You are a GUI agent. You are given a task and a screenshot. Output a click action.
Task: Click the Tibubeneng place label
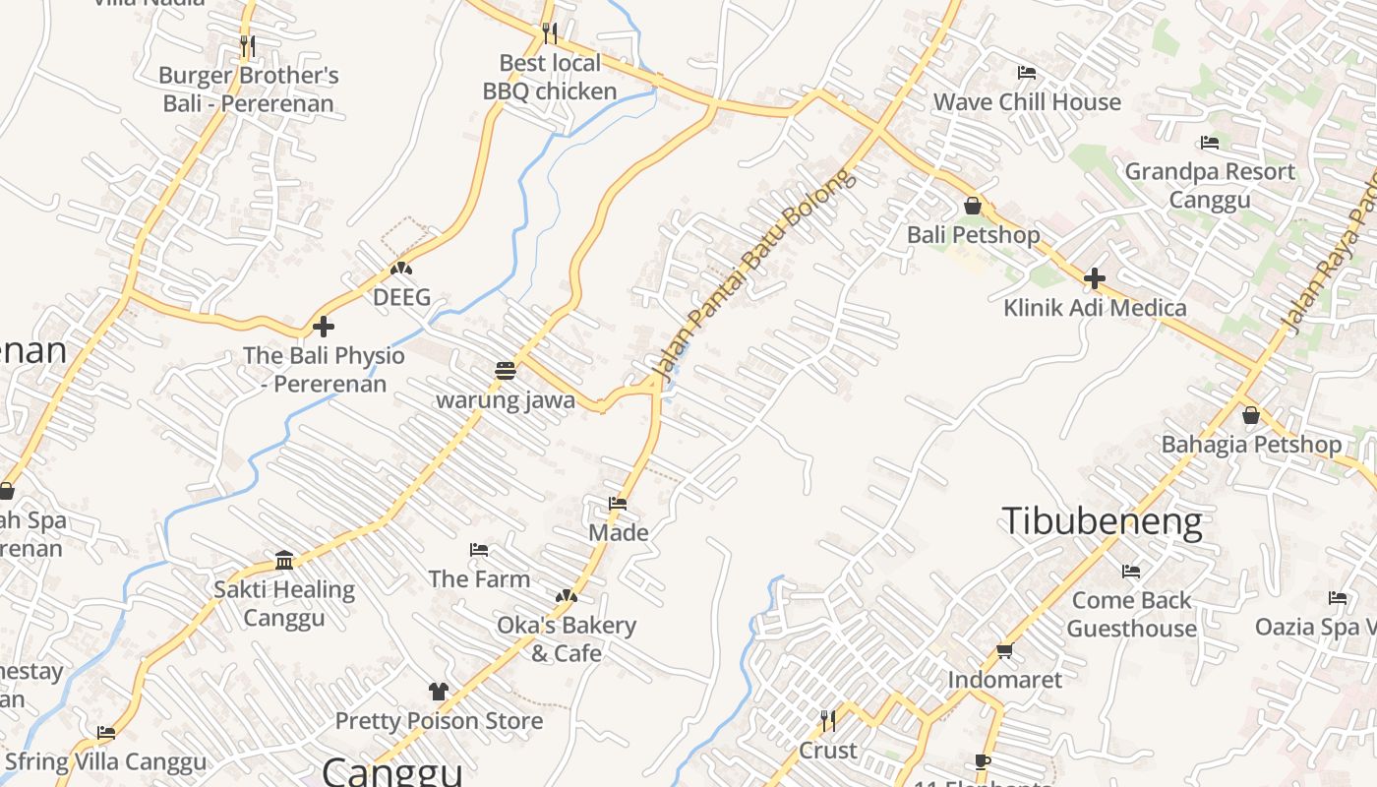(1102, 521)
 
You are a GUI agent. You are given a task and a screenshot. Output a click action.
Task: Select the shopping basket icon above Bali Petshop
(973, 206)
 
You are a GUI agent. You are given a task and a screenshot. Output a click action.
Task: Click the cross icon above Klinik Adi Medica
(1095, 278)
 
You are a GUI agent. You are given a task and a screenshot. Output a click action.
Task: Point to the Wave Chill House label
(1027, 102)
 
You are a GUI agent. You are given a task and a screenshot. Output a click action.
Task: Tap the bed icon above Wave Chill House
(1027, 73)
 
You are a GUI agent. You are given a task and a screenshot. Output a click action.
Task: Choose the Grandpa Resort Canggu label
(1210, 185)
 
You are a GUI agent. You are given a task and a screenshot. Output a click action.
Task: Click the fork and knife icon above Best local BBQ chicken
(550, 33)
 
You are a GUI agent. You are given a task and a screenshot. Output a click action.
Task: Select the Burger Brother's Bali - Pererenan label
(249, 90)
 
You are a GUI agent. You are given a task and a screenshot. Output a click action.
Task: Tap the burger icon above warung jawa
(506, 371)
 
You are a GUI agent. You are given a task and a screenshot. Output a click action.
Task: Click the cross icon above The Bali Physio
(324, 327)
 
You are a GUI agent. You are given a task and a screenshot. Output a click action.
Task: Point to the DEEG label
(401, 297)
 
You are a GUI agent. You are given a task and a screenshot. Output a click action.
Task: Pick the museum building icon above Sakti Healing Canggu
(284, 561)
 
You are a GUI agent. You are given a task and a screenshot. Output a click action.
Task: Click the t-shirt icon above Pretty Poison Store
(439, 692)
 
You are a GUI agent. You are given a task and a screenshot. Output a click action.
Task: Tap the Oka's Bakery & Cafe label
(567, 638)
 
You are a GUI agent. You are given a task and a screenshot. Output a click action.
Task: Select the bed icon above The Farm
(479, 550)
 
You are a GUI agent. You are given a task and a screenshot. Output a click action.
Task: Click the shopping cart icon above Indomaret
(1005, 650)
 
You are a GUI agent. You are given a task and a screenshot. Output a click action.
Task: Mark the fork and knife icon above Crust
(828, 721)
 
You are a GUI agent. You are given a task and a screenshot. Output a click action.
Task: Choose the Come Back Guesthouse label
(1131, 614)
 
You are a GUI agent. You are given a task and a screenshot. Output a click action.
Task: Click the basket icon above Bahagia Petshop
(1251, 415)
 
